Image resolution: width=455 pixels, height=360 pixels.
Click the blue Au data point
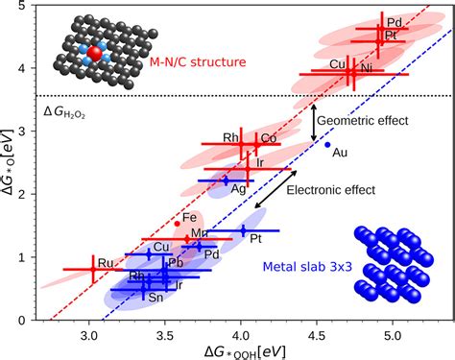pyautogui.click(x=327, y=145)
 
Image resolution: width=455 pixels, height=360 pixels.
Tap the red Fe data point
pyautogui.click(x=177, y=224)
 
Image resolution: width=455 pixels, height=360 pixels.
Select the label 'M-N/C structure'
pyautogui.click(x=198, y=61)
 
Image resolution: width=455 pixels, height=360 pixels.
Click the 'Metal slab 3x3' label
pyautogui.click(x=307, y=266)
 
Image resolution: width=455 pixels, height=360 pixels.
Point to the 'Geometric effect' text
pyautogui.click(x=363, y=121)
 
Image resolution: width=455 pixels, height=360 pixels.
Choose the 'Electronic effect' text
pyautogui.click(x=330, y=190)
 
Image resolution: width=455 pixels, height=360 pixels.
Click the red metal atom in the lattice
pyautogui.click(x=94, y=54)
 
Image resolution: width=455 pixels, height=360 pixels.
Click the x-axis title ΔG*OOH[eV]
pyautogui.click(x=245, y=352)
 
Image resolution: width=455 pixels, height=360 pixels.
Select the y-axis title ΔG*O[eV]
pyautogui.click(x=8, y=162)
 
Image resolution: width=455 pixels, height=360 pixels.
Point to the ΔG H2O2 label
pyautogui.click(x=64, y=112)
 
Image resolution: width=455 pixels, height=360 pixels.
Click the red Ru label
pyautogui.click(x=106, y=263)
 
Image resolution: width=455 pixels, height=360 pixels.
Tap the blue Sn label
pyautogui.click(x=156, y=298)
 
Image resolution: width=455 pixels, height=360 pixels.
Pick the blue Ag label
pyautogui.click(x=238, y=189)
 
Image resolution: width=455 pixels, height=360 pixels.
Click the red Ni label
pyautogui.click(x=367, y=68)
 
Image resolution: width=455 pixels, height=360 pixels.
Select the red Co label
pyautogui.click(x=269, y=138)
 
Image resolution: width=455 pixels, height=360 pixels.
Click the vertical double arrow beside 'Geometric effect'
pyautogui.click(x=314, y=123)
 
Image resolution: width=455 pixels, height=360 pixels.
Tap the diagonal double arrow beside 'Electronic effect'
pyautogui.click(x=275, y=189)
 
